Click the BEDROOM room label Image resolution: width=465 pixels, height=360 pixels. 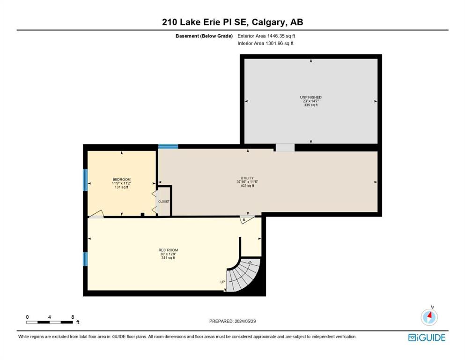pos(122,180)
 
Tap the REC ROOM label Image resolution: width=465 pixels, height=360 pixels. pos(168,250)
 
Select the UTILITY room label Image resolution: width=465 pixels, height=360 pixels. pos(247,178)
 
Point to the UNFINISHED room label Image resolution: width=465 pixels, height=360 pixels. pos(311,97)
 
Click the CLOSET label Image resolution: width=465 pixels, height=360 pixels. pos(164,202)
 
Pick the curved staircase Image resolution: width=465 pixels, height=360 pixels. pos(243,275)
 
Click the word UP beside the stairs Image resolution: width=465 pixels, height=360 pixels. pos(222,282)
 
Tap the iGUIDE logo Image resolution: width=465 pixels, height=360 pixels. pos(427,337)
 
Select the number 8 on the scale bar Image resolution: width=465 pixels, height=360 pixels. pos(73,317)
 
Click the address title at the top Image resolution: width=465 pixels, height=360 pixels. pos(232,22)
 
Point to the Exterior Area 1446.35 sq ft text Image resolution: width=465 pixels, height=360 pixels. pos(266,36)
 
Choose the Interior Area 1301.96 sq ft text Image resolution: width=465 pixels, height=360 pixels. pos(266,43)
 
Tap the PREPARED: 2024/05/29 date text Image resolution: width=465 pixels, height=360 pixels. pos(232,321)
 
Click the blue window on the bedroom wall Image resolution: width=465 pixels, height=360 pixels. pos(85,180)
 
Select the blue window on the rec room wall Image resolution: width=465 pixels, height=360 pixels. pos(85,259)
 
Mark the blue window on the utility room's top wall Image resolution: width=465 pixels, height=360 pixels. pos(168,146)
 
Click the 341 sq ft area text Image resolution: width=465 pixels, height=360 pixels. pos(168,258)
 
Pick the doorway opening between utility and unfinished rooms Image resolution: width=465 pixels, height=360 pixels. pos(285,148)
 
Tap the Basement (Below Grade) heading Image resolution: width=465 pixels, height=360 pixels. pos(204,36)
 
